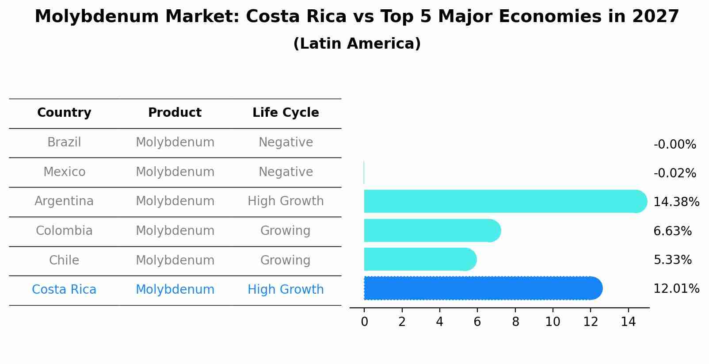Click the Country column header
[64, 113]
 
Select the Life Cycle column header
[286, 113]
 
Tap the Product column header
[175, 113]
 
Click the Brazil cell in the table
[64, 142]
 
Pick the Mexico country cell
[64, 172]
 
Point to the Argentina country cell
[64, 201]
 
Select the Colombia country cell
[64, 231]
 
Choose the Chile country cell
[64, 260]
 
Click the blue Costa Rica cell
[64, 290]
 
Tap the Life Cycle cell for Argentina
[286, 201]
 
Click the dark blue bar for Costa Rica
[482, 288]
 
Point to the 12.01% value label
[676, 289]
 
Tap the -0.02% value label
[675, 173]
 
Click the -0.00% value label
[675, 145]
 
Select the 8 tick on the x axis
[515, 322]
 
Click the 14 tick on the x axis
[628, 322]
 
